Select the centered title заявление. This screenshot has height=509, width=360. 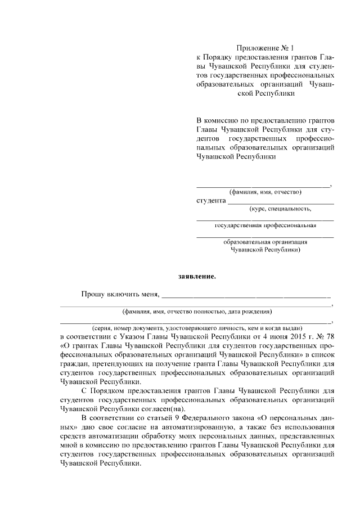197,276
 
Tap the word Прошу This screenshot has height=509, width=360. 92,294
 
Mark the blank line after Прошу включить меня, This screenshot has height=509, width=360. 246,295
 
